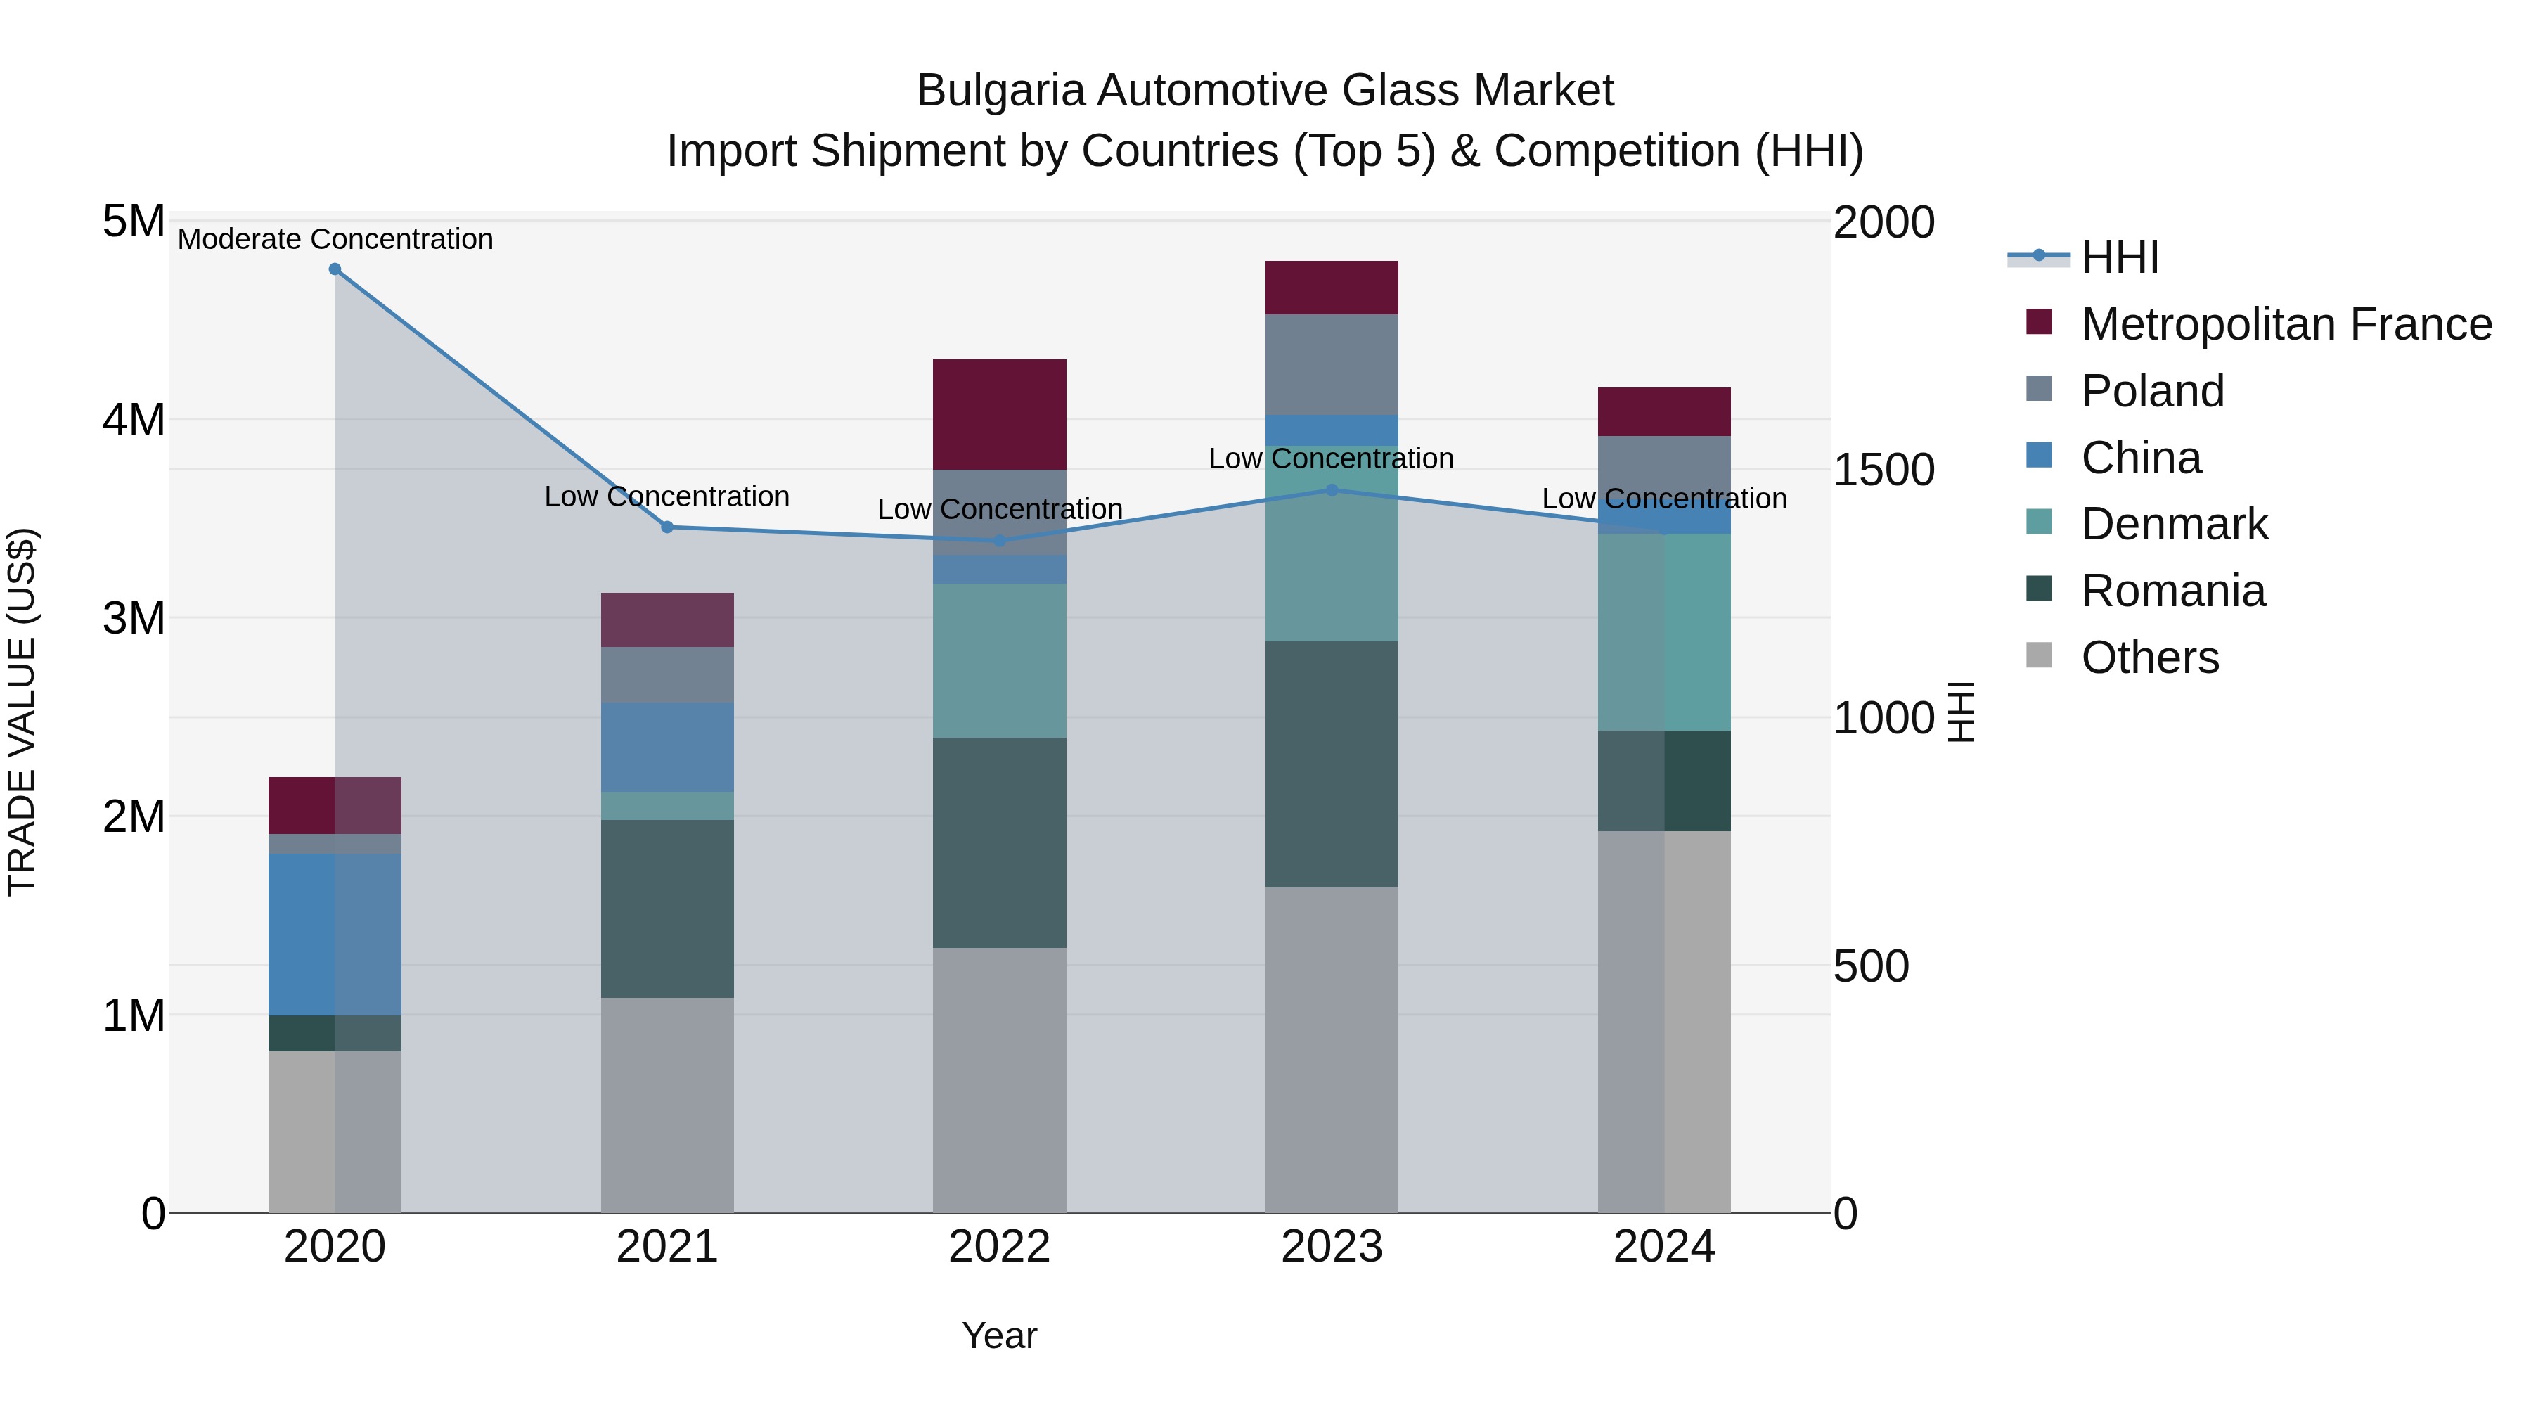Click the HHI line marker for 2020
[335, 269]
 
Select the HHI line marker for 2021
[667, 527]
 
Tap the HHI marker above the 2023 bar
[1332, 489]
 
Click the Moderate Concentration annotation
[335, 239]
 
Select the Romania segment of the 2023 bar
[1332, 764]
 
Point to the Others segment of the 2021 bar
[667, 1105]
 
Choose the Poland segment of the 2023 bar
[1332, 364]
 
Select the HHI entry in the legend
[2118, 257]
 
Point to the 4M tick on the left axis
[134, 420]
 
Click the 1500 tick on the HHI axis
[1883, 470]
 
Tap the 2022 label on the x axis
[999, 1247]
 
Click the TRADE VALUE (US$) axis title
[22, 712]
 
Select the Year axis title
[999, 1335]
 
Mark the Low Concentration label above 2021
[667, 496]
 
